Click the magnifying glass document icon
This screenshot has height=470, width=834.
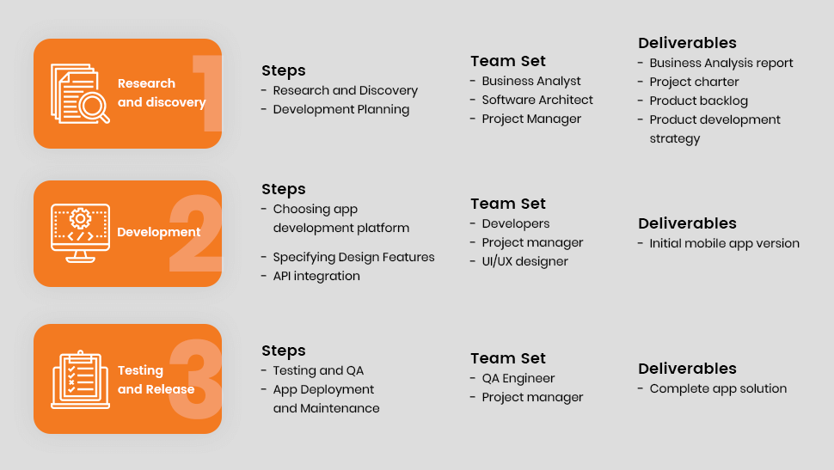pyautogui.click(x=80, y=94)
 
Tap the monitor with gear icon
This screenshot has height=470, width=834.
pyautogui.click(x=80, y=233)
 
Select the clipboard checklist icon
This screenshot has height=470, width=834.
pyautogui.click(x=80, y=380)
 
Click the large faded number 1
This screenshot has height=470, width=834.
pyautogui.click(x=207, y=93)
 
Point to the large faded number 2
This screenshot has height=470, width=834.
pyautogui.click(x=195, y=234)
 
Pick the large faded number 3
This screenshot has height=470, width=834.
pyautogui.click(x=195, y=379)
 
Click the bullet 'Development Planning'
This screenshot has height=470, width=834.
pyautogui.click(x=341, y=109)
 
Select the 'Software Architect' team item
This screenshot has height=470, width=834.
pyautogui.click(x=537, y=100)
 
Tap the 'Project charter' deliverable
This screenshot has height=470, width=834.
pyautogui.click(x=694, y=82)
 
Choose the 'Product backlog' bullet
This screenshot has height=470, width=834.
pyautogui.click(x=698, y=101)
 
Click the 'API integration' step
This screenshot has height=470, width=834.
pyautogui.click(x=316, y=277)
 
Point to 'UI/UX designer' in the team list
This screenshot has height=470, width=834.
pyautogui.click(x=525, y=261)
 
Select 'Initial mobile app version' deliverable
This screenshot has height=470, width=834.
pyautogui.click(x=725, y=243)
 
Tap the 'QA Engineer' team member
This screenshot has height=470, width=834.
pyautogui.click(x=518, y=379)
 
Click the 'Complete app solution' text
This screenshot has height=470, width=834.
pyautogui.click(x=718, y=388)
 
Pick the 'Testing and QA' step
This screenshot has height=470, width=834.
pyautogui.click(x=318, y=370)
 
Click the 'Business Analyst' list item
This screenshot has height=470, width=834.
pyautogui.click(x=531, y=82)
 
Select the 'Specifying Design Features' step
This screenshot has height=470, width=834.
pyautogui.click(x=353, y=257)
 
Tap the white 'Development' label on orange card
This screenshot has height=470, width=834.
pyautogui.click(x=158, y=232)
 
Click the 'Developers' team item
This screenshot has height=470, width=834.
pyautogui.click(x=515, y=224)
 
